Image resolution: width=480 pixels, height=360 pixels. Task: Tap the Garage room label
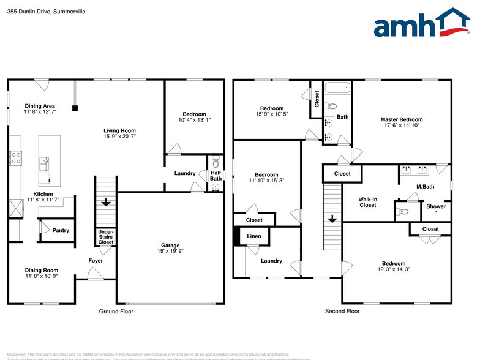pyautogui.click(x=170, y=246)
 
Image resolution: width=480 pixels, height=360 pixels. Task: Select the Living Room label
pyautogui.click(x=119, y=130)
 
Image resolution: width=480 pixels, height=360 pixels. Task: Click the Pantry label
pyautogui.click(x=61, y=230)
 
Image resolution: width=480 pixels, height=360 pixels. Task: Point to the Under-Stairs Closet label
pyautogui.click(x=106, y=236)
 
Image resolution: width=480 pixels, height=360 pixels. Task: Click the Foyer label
pyautogui.click(x=95, y=261)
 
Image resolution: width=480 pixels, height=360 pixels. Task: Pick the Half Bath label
pyautogui.click(x=216, y=174)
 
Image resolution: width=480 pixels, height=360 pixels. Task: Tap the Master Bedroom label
pyautogui.click(x=401, y=120)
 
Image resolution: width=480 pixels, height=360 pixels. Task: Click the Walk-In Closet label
pyautogui.click(x=367, y=202)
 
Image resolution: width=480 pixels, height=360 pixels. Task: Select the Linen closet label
pyautogui.click(x=253, y=236)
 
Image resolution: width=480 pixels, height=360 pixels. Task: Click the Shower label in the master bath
pyautogui.click(x=436, y=206)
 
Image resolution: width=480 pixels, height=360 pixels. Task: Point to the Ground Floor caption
pyautogui.click(x=116, y=312)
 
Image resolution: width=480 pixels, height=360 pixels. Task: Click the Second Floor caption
pyautogui.click(x=342, y=312)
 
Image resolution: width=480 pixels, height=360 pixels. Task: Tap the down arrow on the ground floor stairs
pyautogui.click(x=106, y=203)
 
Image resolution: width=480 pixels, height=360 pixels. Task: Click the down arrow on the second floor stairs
pyautogui.click(x=332, y=219)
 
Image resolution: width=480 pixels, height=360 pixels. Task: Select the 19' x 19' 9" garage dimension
pyautogui.click(x=170, y=251)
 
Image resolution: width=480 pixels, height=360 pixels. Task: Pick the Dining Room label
pyautogui.click(x=41, y=270)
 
